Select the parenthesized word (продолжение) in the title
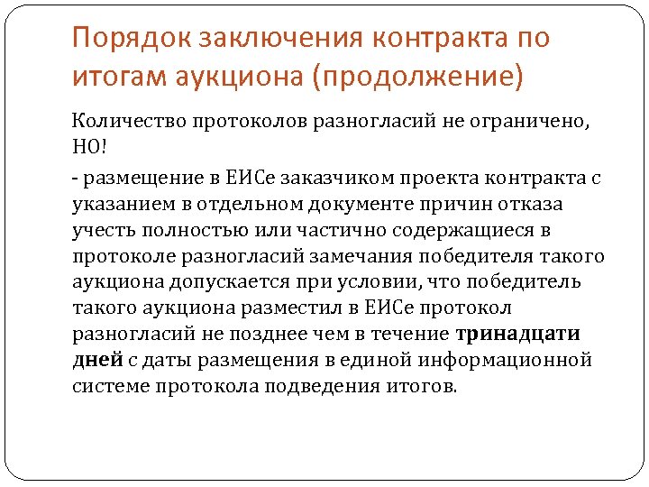click(x=417, y=78)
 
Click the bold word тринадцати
click(x=517, y=335)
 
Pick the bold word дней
click(x=97, y=361)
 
